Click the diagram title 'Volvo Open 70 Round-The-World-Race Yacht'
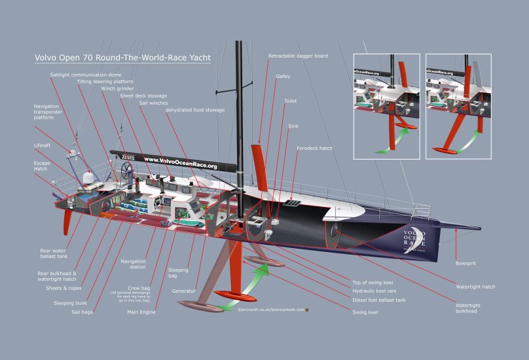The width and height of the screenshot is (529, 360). pos(122,58)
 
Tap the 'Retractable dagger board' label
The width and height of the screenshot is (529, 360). pos(298,56)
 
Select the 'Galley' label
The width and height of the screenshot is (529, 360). pos(283,77)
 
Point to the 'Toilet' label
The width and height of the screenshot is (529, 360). pos(290,101)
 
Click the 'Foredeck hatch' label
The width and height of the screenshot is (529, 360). pos(314,149)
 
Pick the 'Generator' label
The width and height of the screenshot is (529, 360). pos(183,290)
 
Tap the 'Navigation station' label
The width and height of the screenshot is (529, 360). pos(134,264)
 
